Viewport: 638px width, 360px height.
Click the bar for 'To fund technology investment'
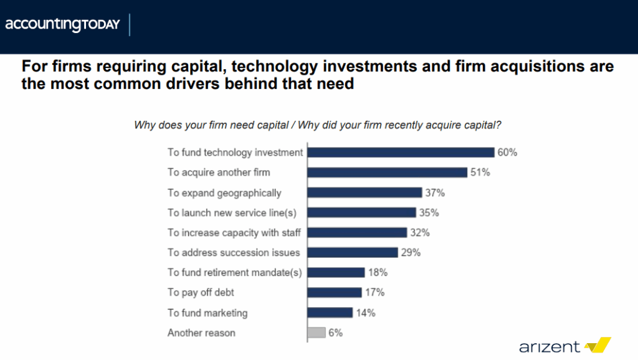(x=401, y=153)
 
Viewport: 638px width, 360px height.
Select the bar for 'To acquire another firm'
(x=387, y=173)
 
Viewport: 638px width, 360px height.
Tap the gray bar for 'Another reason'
(x=317, y=333)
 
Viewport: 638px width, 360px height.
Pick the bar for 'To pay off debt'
(x=335, y=293)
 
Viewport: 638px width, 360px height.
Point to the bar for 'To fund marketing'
(x=330, y=313)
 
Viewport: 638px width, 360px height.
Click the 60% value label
(x=507, y=153)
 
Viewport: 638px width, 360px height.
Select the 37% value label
(x=435, y=192)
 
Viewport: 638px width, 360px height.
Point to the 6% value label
(x=335, y=333)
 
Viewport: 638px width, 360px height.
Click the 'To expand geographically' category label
(x=224, y=193)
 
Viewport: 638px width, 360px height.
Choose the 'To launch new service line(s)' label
(x=232, y=213)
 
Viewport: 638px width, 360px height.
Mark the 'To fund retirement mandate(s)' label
(x=235, y=273)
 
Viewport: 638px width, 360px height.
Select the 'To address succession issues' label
(x=234, y=253)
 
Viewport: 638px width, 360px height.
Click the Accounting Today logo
(x=62, y=26)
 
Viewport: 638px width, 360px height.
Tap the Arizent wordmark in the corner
(x=550, y=346)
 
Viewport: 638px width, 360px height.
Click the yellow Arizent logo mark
(x=598, y=345)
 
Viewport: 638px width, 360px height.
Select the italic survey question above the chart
(x=318, y=125)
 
